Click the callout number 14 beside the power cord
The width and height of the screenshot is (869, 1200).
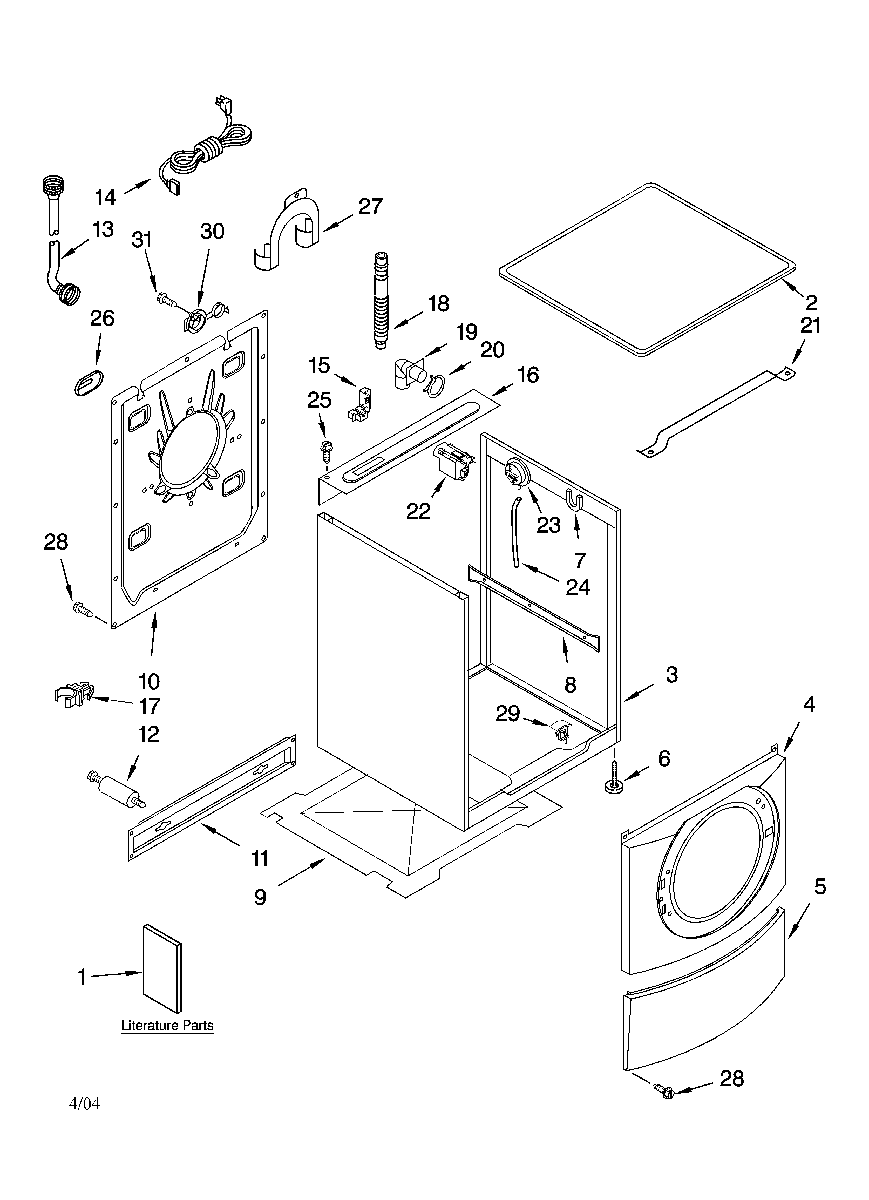[x=105, y=197]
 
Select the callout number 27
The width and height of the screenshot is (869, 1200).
[x=370, y=206]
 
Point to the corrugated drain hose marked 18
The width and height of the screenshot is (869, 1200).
[x=380, y=302]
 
